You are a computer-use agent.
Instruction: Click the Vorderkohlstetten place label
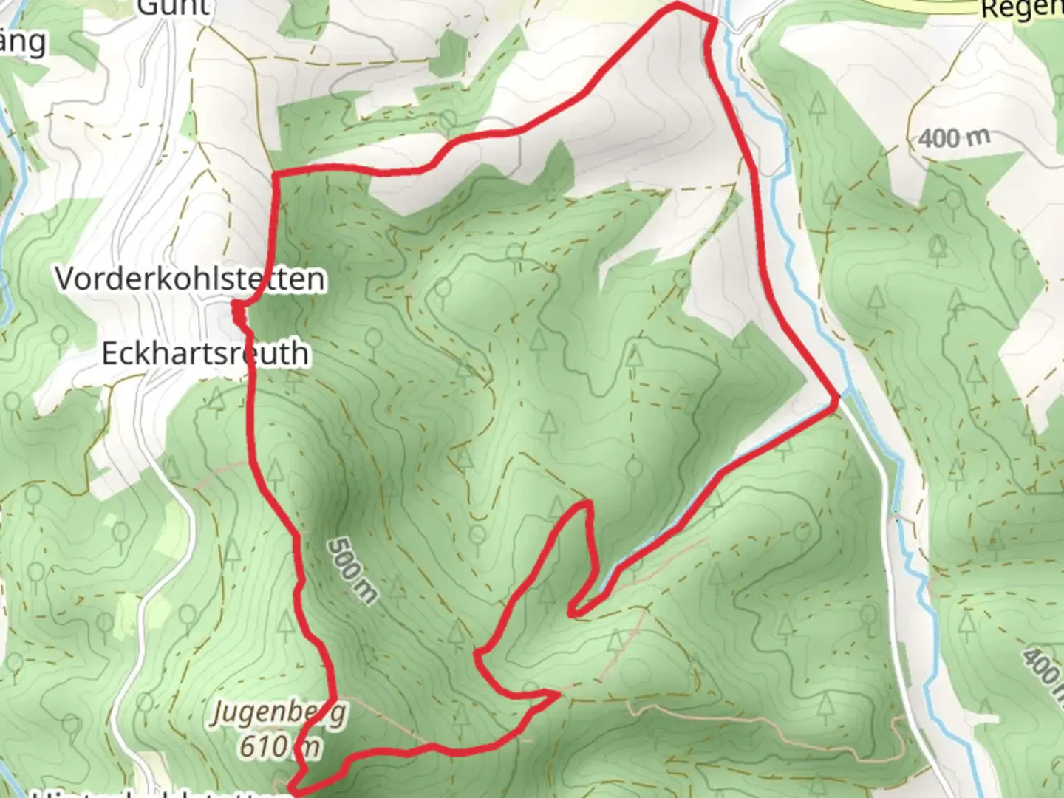190,279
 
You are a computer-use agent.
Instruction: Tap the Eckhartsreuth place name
205,353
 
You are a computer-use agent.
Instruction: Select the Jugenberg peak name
279,714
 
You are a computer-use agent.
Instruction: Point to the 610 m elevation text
279,746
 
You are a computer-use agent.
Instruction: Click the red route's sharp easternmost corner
836,400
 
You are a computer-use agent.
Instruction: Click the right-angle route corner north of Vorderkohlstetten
276,174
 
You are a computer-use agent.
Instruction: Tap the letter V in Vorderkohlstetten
66,279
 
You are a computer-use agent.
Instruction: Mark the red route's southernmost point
294,792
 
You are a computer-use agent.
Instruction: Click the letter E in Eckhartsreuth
109,353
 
